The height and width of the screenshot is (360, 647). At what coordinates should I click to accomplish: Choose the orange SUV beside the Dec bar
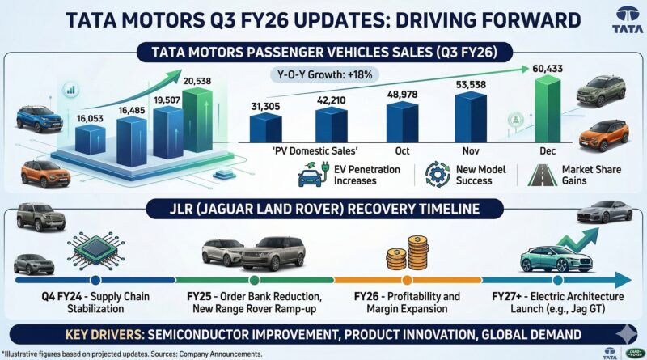(x=603, y=134)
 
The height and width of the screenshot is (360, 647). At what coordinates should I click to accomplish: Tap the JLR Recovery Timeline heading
(x=323, y=209)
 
